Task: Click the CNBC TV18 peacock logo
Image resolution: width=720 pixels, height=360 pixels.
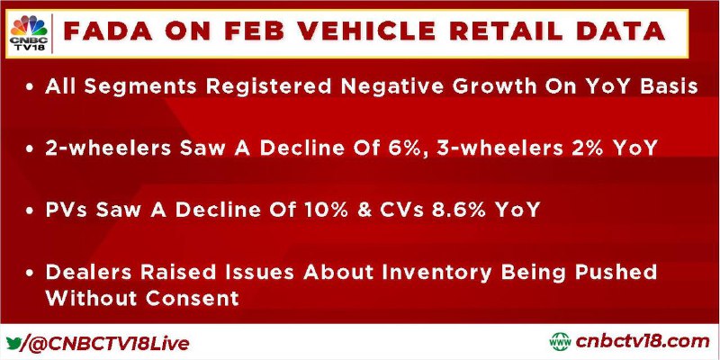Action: point(29,33)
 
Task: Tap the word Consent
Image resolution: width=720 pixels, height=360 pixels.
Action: point(193,299)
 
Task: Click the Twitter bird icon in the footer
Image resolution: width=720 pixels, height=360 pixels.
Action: point(13,343)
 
